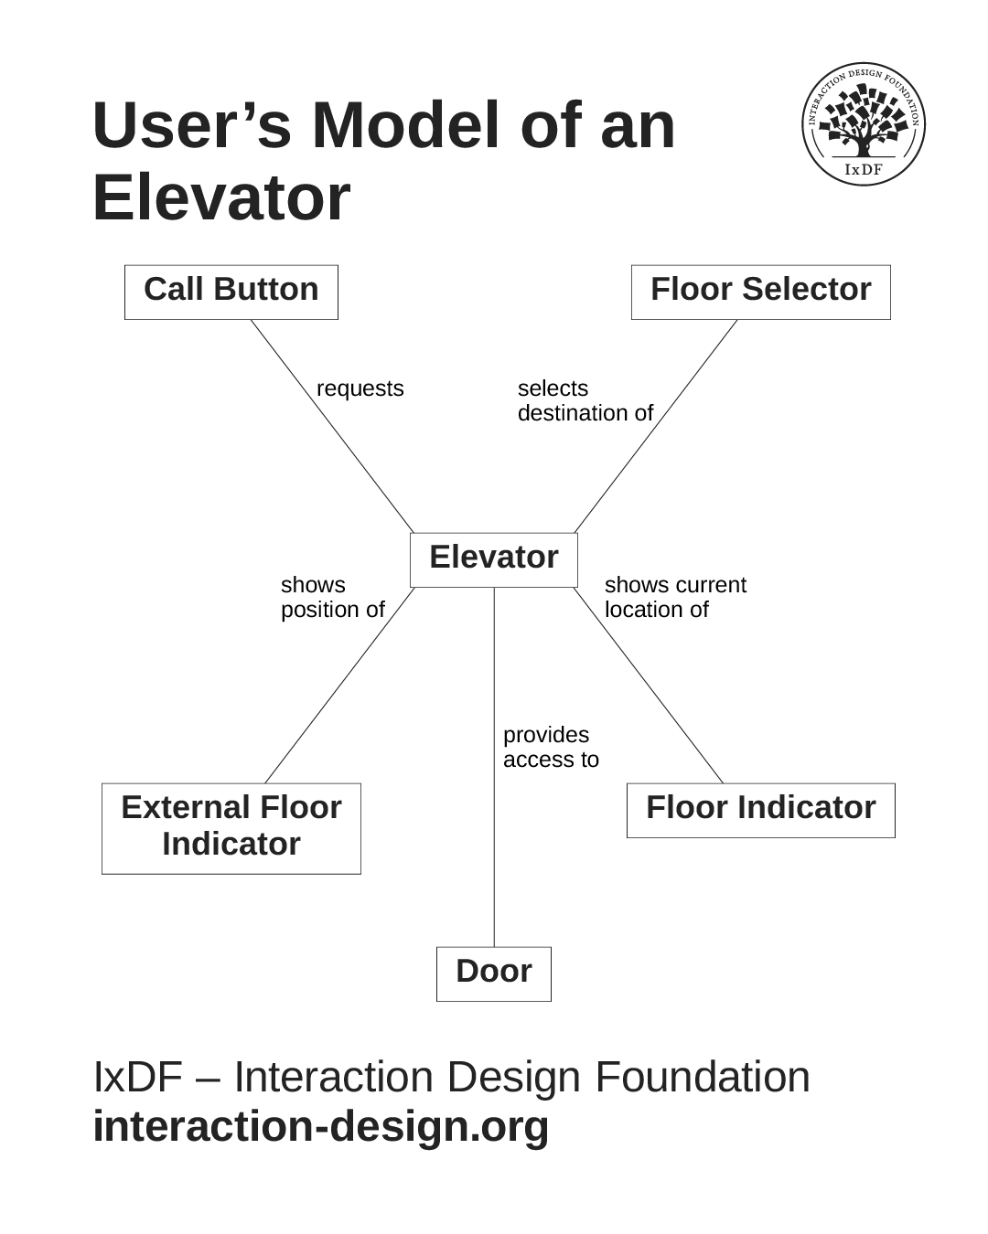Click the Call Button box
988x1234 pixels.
click(231, 292)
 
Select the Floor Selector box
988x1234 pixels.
click(760, 292)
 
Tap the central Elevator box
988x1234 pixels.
click(493, 558)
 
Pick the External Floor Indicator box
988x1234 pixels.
click(231, 827)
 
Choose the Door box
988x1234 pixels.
click(493, 973)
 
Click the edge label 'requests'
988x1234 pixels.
click(360, 388)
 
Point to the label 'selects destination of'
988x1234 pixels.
click(585, 400)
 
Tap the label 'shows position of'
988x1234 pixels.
click(332, 597)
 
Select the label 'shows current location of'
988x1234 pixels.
click(675, 597)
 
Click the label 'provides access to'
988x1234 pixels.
click(551, 747)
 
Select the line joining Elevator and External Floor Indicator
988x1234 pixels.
click(338, 686)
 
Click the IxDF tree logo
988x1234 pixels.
click(864, 123)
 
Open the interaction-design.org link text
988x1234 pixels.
click(321, 1125)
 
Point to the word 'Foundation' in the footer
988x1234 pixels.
click(703, 1076)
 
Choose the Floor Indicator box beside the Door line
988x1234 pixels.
click(760, 810)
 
